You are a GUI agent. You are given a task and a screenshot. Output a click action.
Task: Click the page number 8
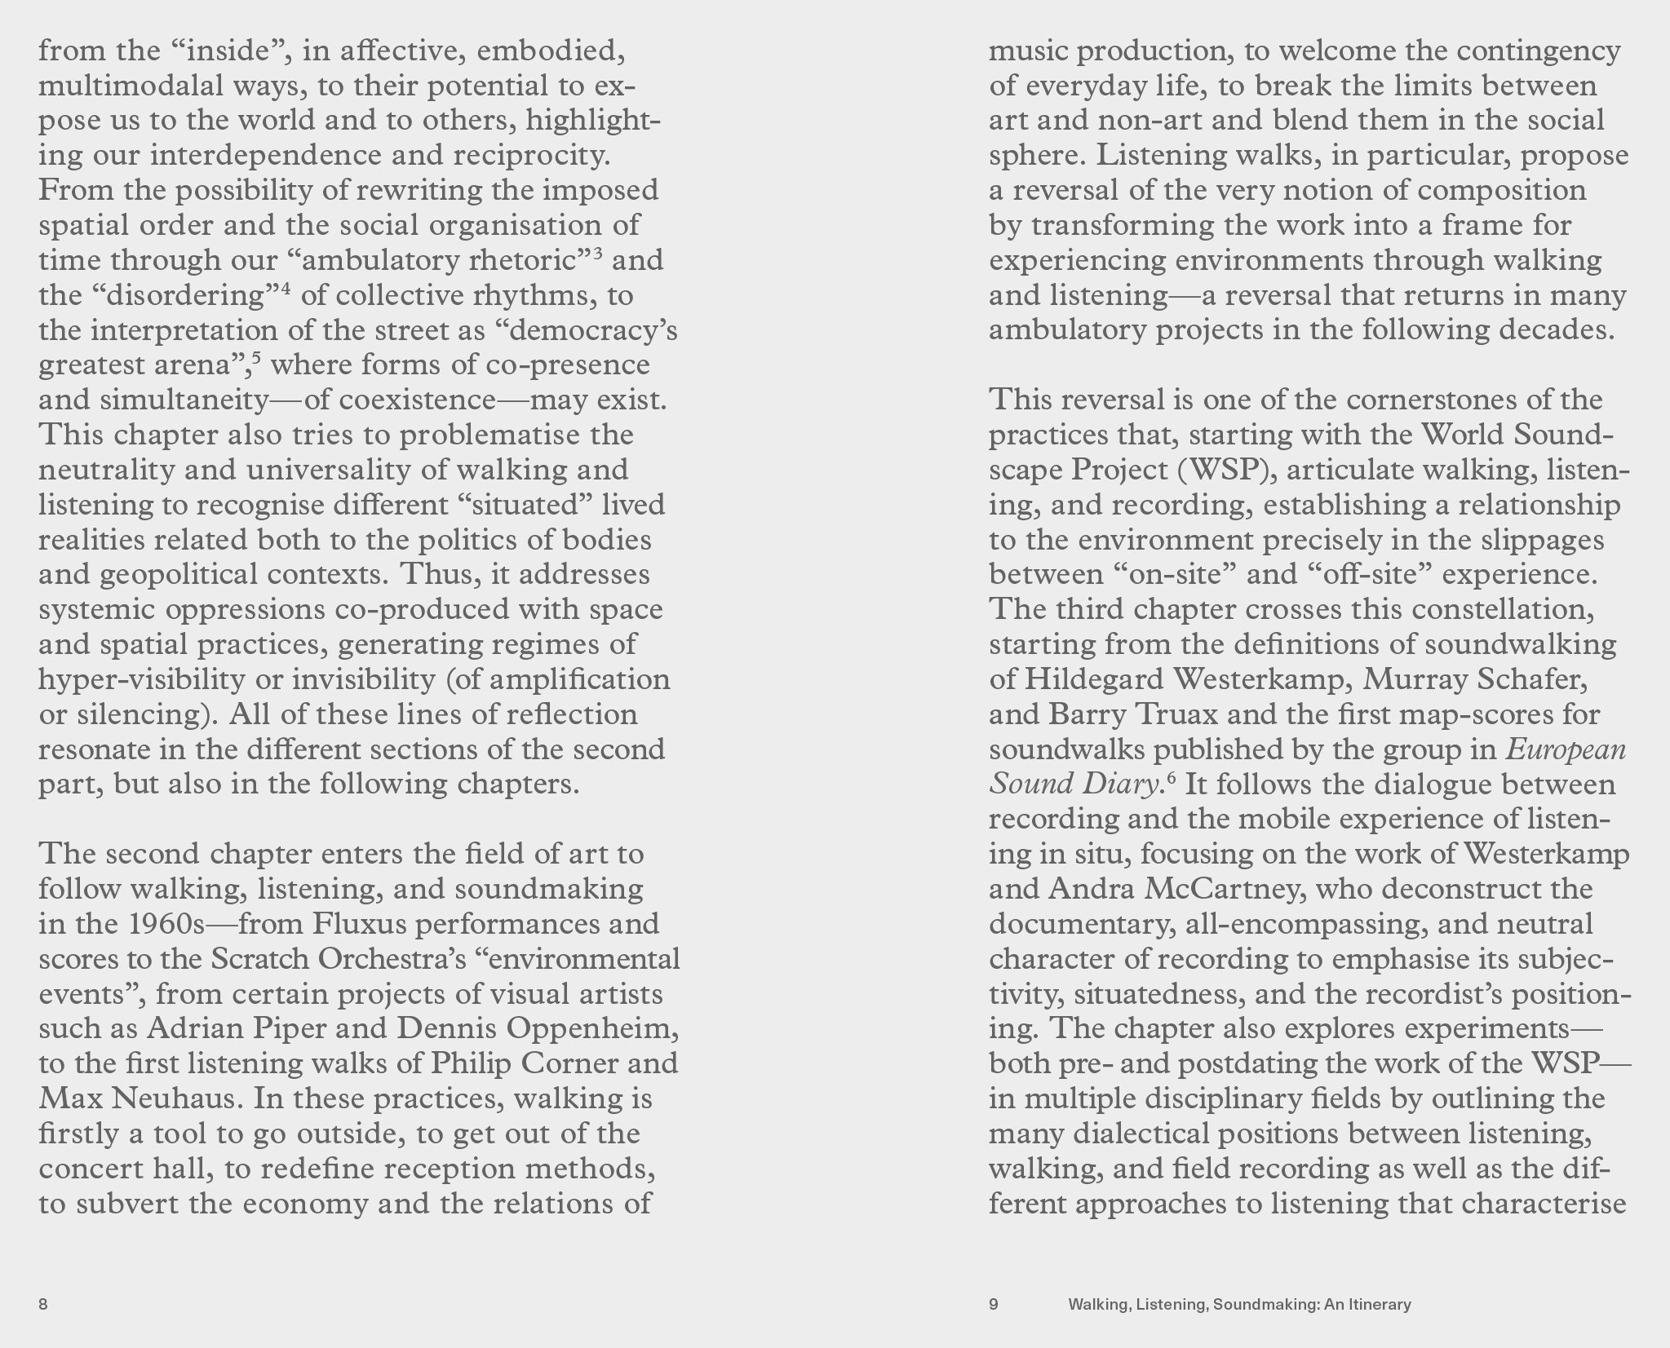tap(43, 1304)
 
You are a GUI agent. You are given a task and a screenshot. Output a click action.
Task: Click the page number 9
tap(994, 1304)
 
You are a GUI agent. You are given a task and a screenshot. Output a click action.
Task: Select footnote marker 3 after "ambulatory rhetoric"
tap(598, 254)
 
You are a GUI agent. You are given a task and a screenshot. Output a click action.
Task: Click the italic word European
tap(1566, 749)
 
